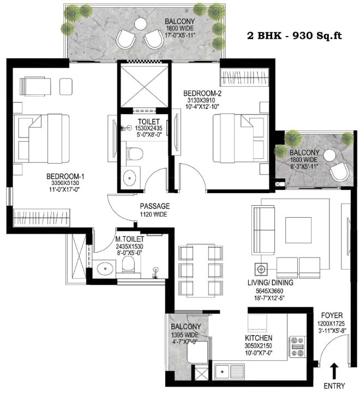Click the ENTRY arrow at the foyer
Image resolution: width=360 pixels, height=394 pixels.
click(x=334, y=371)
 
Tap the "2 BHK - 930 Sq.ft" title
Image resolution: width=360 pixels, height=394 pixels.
click(x=295, y=36)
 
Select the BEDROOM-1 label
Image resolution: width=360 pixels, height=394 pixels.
click(x=65, y=176)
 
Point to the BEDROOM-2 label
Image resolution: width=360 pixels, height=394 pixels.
click(x=202, y=93)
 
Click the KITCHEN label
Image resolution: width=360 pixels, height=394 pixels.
click(x=259, y=338)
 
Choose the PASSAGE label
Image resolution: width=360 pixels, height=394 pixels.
click(x=155, y=206)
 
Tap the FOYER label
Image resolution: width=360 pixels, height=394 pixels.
click(x=332, y=315)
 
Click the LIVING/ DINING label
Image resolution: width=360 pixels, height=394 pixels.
click(x=271, y=283)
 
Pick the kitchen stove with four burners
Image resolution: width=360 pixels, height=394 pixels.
click(x=297, y=347)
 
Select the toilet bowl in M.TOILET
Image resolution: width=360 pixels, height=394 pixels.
click(x=128, y=265)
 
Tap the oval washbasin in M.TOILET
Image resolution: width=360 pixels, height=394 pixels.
click(x=105, y=269)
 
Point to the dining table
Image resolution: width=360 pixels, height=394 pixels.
click(x=201, y=271)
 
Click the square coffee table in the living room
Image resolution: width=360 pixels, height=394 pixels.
click(x=298, y=230)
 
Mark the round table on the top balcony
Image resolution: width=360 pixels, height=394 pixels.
click(x=140, y=25)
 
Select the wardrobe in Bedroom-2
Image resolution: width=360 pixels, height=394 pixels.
click(x=244, y=77)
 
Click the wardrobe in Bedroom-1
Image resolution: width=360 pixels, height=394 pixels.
click(x=41, y=217)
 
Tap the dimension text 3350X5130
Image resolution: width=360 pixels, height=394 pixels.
click(x=65, y=183)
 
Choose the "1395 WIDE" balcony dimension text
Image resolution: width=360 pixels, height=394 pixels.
click(x=185, y=335)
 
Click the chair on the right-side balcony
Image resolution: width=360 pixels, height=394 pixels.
click(x=339, y=171)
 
